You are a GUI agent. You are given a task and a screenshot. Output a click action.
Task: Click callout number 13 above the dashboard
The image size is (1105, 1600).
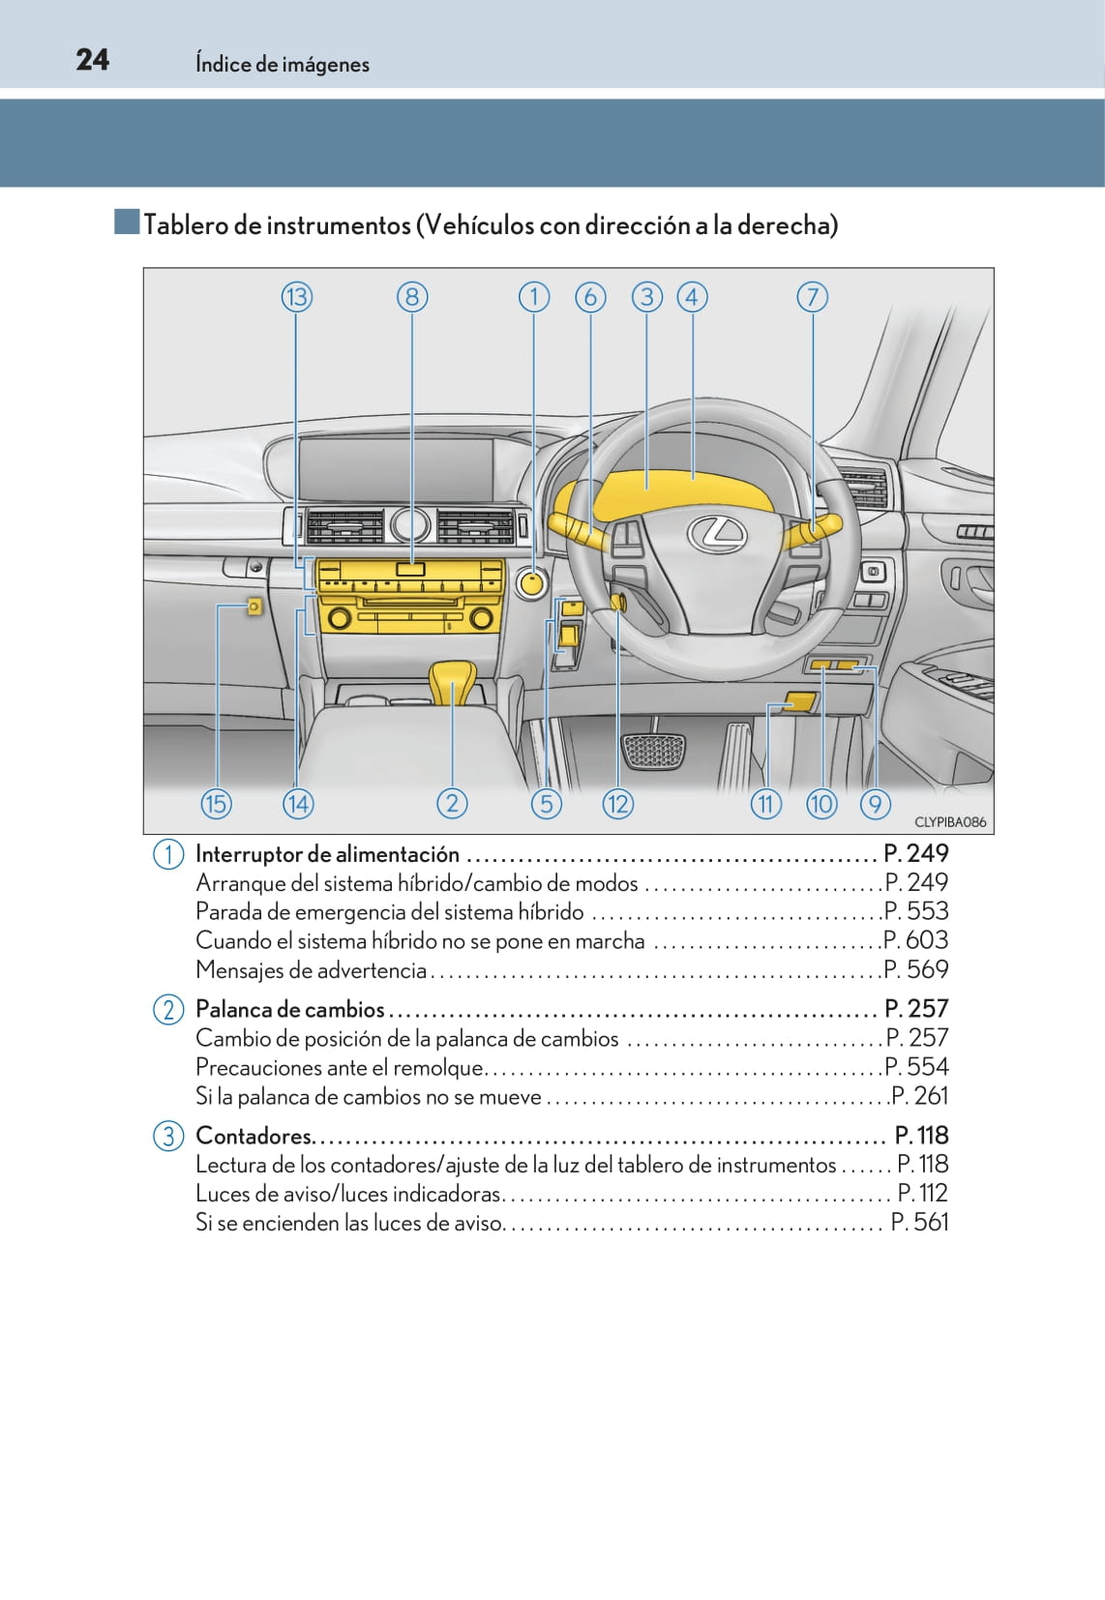(297, 297)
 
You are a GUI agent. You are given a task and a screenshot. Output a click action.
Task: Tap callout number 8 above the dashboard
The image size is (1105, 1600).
(412, 297)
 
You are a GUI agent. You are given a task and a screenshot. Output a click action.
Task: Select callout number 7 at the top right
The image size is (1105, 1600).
(813, 297)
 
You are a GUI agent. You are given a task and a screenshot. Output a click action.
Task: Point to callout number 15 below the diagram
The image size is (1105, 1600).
(216, 804)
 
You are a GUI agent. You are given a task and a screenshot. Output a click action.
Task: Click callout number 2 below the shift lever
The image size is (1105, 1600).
(452, 804)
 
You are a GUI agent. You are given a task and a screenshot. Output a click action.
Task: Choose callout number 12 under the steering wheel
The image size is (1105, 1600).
(617, 804)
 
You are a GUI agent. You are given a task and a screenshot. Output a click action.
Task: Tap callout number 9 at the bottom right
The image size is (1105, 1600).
(875, 804)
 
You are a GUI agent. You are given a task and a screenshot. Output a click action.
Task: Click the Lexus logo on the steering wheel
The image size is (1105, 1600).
(717, 533)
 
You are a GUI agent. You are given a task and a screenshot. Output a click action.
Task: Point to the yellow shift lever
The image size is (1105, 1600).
(452, 681)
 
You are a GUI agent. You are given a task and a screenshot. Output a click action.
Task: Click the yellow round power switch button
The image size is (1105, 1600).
(531, 583)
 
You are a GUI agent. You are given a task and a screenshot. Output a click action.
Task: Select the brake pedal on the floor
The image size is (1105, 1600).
(654, 751)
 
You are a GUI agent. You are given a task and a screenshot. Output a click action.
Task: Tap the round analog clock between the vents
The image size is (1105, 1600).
(410, 525)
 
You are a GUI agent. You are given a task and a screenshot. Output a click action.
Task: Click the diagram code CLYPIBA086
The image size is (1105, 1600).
(949, 822)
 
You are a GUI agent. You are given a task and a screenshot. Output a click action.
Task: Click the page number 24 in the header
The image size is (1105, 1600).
(93, 60)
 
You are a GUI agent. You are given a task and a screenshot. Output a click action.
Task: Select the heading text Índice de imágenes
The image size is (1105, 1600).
(283, 64)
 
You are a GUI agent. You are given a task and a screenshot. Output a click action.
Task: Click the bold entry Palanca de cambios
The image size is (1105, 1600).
(290, 1009)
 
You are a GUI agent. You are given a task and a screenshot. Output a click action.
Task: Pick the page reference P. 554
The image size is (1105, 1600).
(916, 1067)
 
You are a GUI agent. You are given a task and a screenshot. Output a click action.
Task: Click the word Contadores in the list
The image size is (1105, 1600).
(254, 1136)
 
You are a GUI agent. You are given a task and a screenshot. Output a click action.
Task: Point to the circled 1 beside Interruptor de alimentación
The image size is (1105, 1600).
(168, 854)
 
